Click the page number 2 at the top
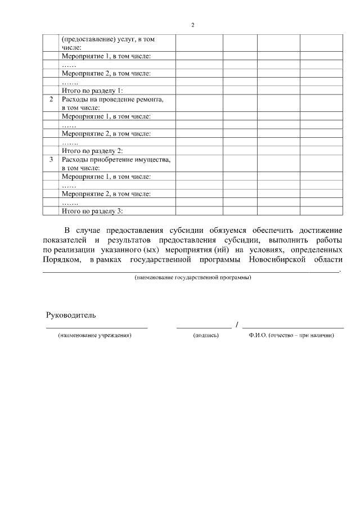(192, 26)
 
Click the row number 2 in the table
(51, 100)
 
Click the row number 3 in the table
(51, 160)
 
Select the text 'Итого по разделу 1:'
(92, 90)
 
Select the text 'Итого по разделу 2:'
(92, 151)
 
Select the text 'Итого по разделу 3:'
(92, 211)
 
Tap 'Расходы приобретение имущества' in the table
(115, 160)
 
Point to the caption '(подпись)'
(205, 335)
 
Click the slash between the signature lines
(237, 325)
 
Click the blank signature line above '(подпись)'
(204, 327)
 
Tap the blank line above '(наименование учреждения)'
(96, 327)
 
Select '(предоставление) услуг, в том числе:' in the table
(107, 43)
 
